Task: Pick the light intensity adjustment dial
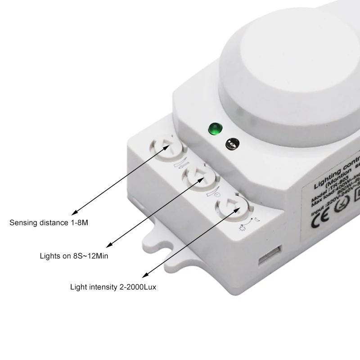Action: tap(231, 207)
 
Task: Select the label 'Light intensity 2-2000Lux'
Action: tap(112, 287)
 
